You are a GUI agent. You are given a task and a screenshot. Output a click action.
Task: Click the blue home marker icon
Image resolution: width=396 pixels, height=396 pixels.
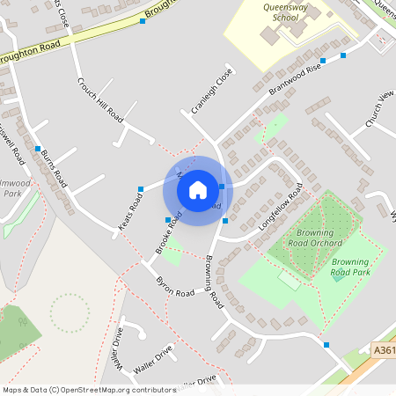[x=198, y=189]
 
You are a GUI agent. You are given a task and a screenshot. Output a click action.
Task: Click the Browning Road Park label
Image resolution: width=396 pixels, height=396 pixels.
[x=350, y=268]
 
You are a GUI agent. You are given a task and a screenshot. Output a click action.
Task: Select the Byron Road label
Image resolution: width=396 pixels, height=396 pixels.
[x=173, y=287]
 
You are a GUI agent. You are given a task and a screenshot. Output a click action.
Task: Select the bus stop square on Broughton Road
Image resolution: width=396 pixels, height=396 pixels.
[x=143, y=20]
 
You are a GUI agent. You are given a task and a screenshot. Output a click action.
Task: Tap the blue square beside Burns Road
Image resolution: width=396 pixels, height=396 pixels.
[x=38, y=148]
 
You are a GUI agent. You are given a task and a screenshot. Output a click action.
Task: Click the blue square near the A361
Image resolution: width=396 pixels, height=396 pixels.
[x=326, y=344]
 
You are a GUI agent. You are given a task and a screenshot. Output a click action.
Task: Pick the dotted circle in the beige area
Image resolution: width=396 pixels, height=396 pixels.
[x=70, y=312]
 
